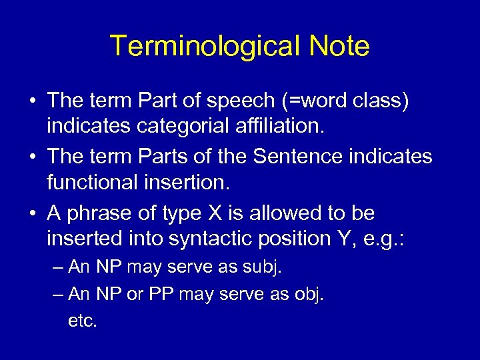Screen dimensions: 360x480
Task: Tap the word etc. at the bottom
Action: pyautogui.click(x=83, y=320)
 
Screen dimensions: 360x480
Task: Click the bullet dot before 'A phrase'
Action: pyautogui.click(x=33, y=214)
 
